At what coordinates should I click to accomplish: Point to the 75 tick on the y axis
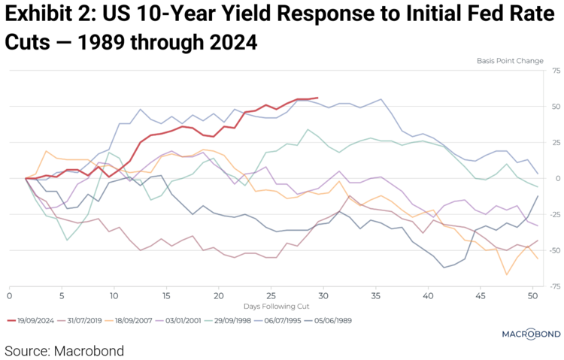tap(556, 71)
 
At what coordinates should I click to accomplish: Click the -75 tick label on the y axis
tap(556, 286)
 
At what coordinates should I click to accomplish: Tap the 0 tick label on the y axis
tap(558, 178)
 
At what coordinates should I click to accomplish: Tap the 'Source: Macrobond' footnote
tap(64, 350)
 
